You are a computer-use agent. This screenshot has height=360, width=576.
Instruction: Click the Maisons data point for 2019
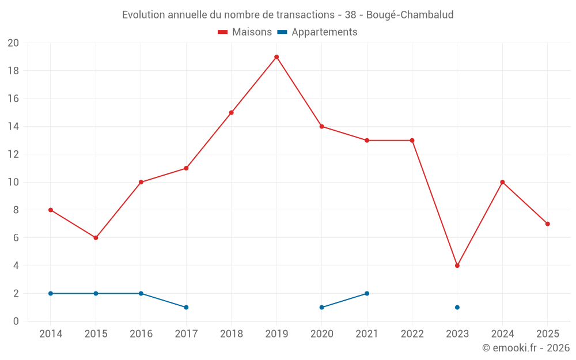[x=276, y=57]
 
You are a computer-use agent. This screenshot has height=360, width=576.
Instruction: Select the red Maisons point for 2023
[x=457, y=266]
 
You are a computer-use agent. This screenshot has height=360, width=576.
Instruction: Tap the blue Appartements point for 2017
[x=186, y=308]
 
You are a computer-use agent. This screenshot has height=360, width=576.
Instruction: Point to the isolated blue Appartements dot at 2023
[x=457, y=308]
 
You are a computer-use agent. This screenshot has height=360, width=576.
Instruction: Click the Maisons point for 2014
[x=51, y=210]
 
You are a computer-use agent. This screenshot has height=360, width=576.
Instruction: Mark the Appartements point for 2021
[x=367, y=294]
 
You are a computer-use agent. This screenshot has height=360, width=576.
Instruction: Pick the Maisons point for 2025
[x=548, y=224]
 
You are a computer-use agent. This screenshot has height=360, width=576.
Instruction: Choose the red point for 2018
[x=232, y=113]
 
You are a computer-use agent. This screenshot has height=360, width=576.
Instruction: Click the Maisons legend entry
[x=245, y=32]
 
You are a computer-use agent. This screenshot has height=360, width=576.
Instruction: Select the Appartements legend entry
[x=317, y=32]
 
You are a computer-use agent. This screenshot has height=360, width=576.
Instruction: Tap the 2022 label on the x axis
[x=412, y=334]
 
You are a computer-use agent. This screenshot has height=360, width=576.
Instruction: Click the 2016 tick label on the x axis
[x=141, y=334]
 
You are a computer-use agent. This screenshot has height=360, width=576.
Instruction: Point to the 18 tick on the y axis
[x=13, y=71]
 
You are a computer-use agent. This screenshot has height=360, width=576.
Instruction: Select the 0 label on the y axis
[x=16, y=321]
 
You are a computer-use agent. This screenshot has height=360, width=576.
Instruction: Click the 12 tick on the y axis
[x=13, y=154]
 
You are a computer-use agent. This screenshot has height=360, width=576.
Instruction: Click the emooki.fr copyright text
[x=525, y=348]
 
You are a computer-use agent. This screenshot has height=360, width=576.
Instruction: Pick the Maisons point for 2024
[x=502, y=182]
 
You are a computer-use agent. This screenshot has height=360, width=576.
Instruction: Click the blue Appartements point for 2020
[x=322, y=308]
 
